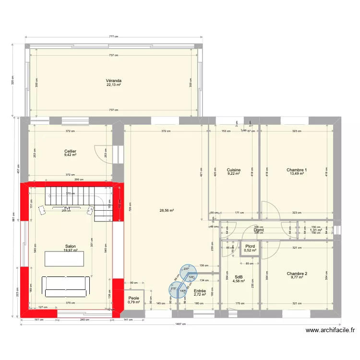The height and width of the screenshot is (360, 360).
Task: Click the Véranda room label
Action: pos(114,81)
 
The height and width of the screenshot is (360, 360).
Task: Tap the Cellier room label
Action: pos(71,151)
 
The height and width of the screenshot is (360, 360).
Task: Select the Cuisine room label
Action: pos(234,170)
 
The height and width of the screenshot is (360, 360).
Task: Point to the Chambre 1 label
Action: pos(297,170)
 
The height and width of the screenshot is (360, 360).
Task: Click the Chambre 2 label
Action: pos(297,274)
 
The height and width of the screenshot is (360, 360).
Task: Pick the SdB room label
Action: pos(239,276)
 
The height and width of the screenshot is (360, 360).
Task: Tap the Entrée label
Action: pos(200,291)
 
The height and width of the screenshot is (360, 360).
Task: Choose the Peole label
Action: pos(133,298)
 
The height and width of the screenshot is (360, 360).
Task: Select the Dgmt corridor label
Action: pos(259,230)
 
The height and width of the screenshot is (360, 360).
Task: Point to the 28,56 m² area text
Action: pos(167,210)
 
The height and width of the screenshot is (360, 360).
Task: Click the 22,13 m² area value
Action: pos(114,85)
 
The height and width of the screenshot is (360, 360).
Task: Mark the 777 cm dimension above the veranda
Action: pos(113,36)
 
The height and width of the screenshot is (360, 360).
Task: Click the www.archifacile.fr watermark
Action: pos(331,330)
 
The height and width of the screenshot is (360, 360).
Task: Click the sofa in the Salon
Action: pos(66,287)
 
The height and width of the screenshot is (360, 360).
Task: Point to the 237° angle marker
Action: pos(185,270)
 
